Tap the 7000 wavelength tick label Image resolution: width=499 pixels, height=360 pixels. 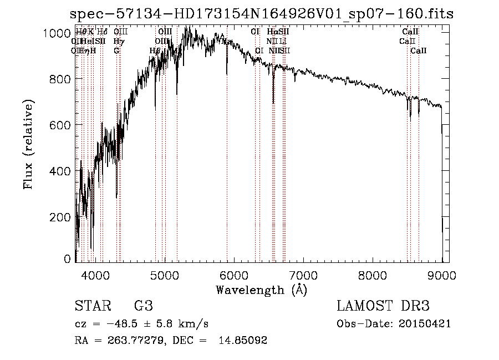coord(303,275)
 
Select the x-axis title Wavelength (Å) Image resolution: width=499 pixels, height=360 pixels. coord(261,290)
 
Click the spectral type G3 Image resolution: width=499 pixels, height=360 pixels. coord(143,306)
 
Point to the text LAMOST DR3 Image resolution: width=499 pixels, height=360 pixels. coord(383,306)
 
